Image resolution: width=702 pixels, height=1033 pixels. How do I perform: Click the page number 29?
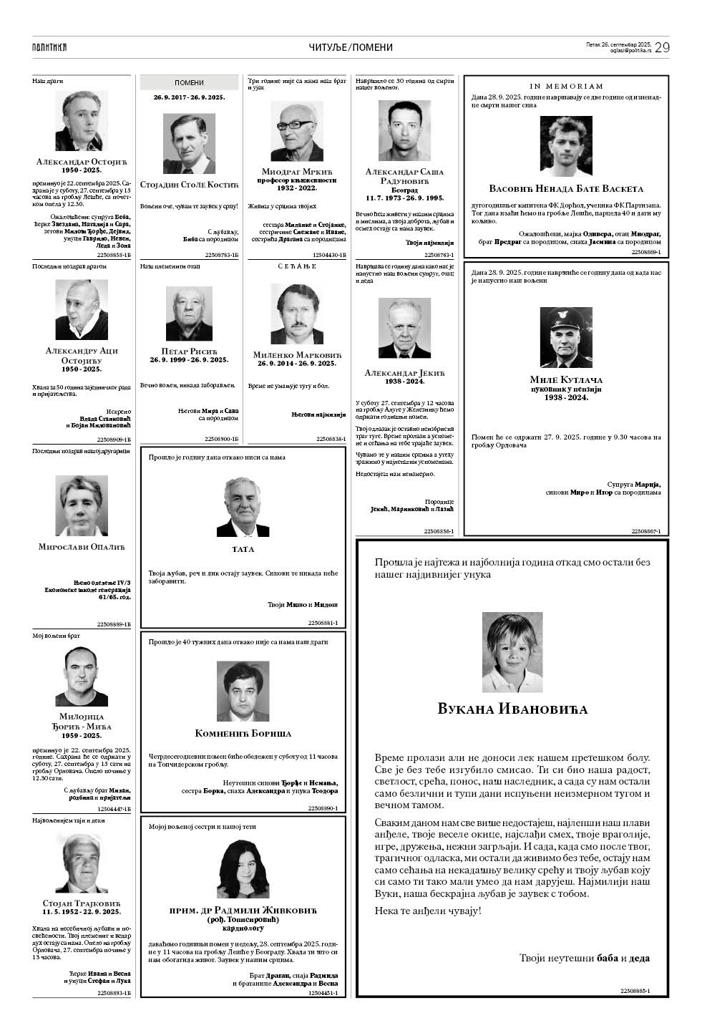point(661,47)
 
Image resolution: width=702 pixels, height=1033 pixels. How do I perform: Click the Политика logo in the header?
point(49,47)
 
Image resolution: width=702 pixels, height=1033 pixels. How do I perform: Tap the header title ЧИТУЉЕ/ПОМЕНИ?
point(351,47)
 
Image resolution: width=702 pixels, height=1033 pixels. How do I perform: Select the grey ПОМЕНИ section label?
point(189,83)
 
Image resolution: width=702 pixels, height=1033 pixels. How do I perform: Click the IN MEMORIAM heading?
point(566,86)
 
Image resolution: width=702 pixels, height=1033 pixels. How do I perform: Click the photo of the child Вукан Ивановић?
point(512,652)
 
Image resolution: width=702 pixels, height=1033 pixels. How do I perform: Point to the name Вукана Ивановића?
point(512,709)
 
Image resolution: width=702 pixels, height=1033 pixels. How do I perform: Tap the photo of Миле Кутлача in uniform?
point(566,337)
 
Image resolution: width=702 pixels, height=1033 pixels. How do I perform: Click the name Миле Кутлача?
point(566,379)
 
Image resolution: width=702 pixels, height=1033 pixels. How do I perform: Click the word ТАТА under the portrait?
point(243,550)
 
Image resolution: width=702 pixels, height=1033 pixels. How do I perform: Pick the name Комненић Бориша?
point(243,734)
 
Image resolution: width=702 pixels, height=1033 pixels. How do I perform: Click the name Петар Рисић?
point(189,351)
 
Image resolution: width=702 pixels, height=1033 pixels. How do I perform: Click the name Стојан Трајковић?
point(82,903)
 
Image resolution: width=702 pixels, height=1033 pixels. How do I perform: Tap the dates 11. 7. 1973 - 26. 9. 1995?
point(404,198)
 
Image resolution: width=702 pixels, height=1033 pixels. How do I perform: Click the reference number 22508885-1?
point(644,991)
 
